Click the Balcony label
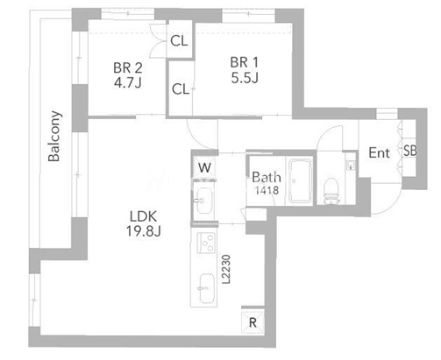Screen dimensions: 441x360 (x=55, y=136)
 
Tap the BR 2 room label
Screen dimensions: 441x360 (x=128, y=68)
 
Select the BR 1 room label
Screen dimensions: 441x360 (x=245, y=62)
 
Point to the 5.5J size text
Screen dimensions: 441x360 (x=245, y=78)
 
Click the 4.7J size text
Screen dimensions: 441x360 (x=128, y=83)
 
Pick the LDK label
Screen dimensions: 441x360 (x=143, y=216)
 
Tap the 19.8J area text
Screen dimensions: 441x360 (x=144, y=231)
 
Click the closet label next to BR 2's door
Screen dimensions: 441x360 (x=179, y=41)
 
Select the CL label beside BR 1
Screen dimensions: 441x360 (x=181, y=89)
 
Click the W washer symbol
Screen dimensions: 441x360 (x=204, y=167)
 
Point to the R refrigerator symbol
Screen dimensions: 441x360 (x=253, y=322)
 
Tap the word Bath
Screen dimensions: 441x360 (x=267, y=177)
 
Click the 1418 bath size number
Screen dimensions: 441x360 (x=267, y=190)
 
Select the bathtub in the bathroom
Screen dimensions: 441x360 (x=301, y=180)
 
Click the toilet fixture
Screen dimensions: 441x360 (x=331, y=190)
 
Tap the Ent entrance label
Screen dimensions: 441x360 (x=379, y=152)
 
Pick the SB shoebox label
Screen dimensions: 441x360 (x=410, y=151)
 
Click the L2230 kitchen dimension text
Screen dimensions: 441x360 (x=226, y=270)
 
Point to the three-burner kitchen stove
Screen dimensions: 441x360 (x=206, y=243)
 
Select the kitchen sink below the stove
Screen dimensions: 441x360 (x=207, y=288)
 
